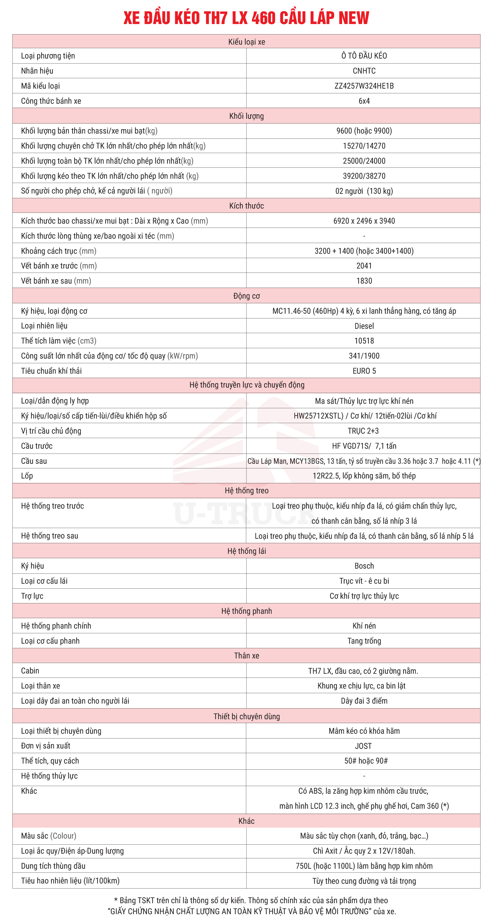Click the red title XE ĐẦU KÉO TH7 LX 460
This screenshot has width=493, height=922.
click(x=246, y=18)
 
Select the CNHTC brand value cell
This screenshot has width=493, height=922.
click(x=364, y=71)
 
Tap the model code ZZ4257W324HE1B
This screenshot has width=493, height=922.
click(x=364, y=86)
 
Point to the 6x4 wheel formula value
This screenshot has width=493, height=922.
click(x=364, y=101)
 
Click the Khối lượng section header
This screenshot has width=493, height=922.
click(x=246, y=116)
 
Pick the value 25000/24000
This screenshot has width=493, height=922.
click(x=364, y=161)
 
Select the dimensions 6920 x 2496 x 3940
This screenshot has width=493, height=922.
click(x=364, y=221)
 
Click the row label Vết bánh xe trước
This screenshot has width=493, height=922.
click(x=59, y=266)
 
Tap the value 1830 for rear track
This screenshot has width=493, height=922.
click(x=364, y=281)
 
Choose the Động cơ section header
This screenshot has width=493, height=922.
click(x=246, y=296)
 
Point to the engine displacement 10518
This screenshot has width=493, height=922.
click(x=364, y=341)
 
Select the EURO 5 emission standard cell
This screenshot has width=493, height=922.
click(x=364, y=371)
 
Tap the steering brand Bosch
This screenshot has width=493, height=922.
click(x=364, y=566)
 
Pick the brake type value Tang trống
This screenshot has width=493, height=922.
click(x=364, y=641)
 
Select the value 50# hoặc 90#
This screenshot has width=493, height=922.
click(x=366, y=761)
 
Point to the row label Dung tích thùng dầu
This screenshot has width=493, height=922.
click(x=53, y=866)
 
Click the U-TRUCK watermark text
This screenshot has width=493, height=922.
click(x=243, y=514)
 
